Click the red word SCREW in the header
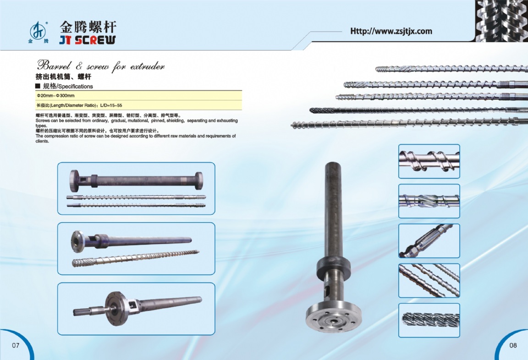95,40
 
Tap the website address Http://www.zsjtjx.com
391,31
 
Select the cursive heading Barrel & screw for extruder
101,65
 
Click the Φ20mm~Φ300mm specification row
55,96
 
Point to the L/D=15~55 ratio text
111,105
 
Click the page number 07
16,345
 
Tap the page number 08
513,345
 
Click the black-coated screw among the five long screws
418,110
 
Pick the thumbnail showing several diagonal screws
429,281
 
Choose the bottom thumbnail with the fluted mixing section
429,320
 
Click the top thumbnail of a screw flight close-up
429,162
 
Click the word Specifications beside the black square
76,87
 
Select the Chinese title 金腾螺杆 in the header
88,27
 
